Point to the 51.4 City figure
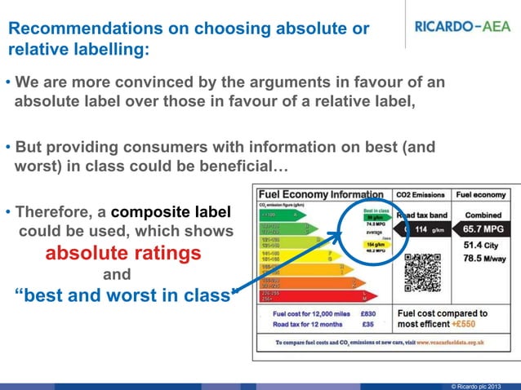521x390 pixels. click(x=480, y=246)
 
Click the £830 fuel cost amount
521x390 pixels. click(x=367, y=312)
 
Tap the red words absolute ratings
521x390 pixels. click(x=122, y=254)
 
